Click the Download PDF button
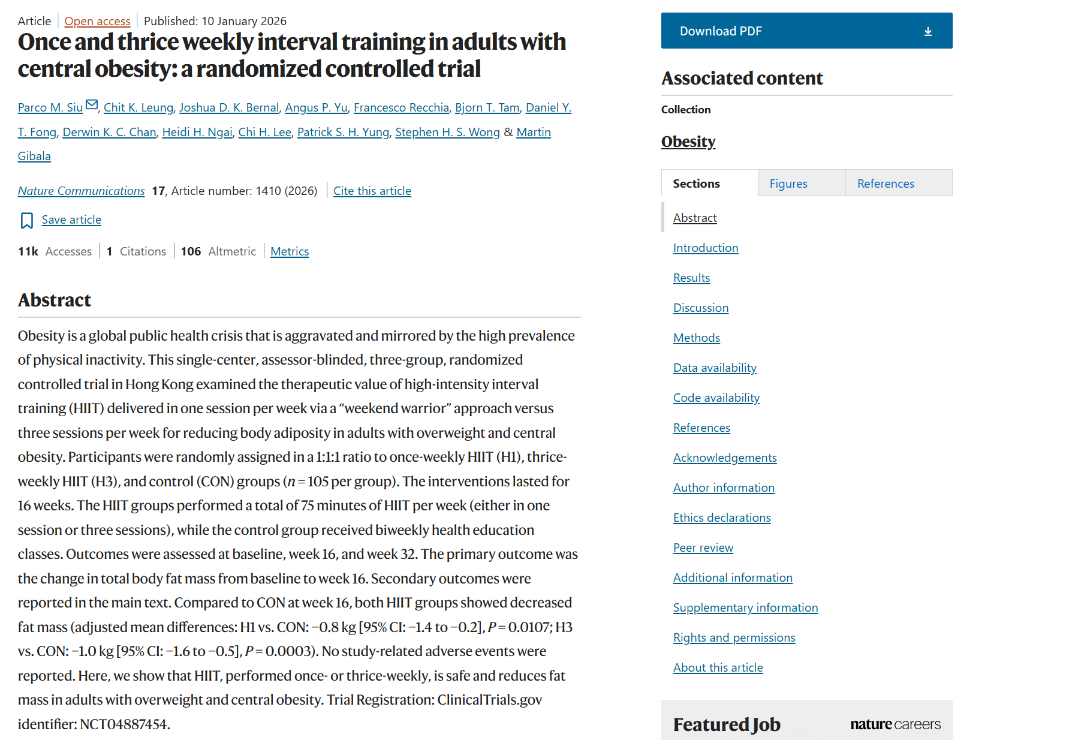click(x=806, y=31)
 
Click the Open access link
click(x=97, y=21)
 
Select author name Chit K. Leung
click(x=138, y=107)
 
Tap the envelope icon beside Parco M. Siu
click(x=92, y=105)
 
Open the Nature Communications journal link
click(x=82, y=191)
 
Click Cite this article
click(x=372, y=191)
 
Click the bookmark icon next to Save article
click(x=26, y=221)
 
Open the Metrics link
click(x=290, y=251)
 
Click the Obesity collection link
click(x=688, y=142)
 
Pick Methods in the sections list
click(x=697, y=338)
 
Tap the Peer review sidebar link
click(x=703, y=548)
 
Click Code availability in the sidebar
click(x=716, y=398)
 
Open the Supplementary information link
click(x=746, y=607)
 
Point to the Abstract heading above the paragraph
click(x=55, y=300)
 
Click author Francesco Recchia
click(x=401, y=107)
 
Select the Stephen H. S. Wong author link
click(x=447, y=132)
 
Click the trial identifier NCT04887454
click(x=124, y=724)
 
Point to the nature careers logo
click(x=896, y=724)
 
